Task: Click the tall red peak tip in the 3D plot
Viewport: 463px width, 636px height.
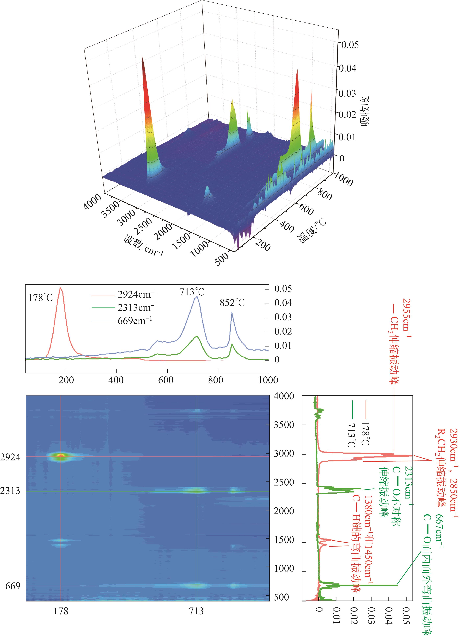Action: click(142, 57)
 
